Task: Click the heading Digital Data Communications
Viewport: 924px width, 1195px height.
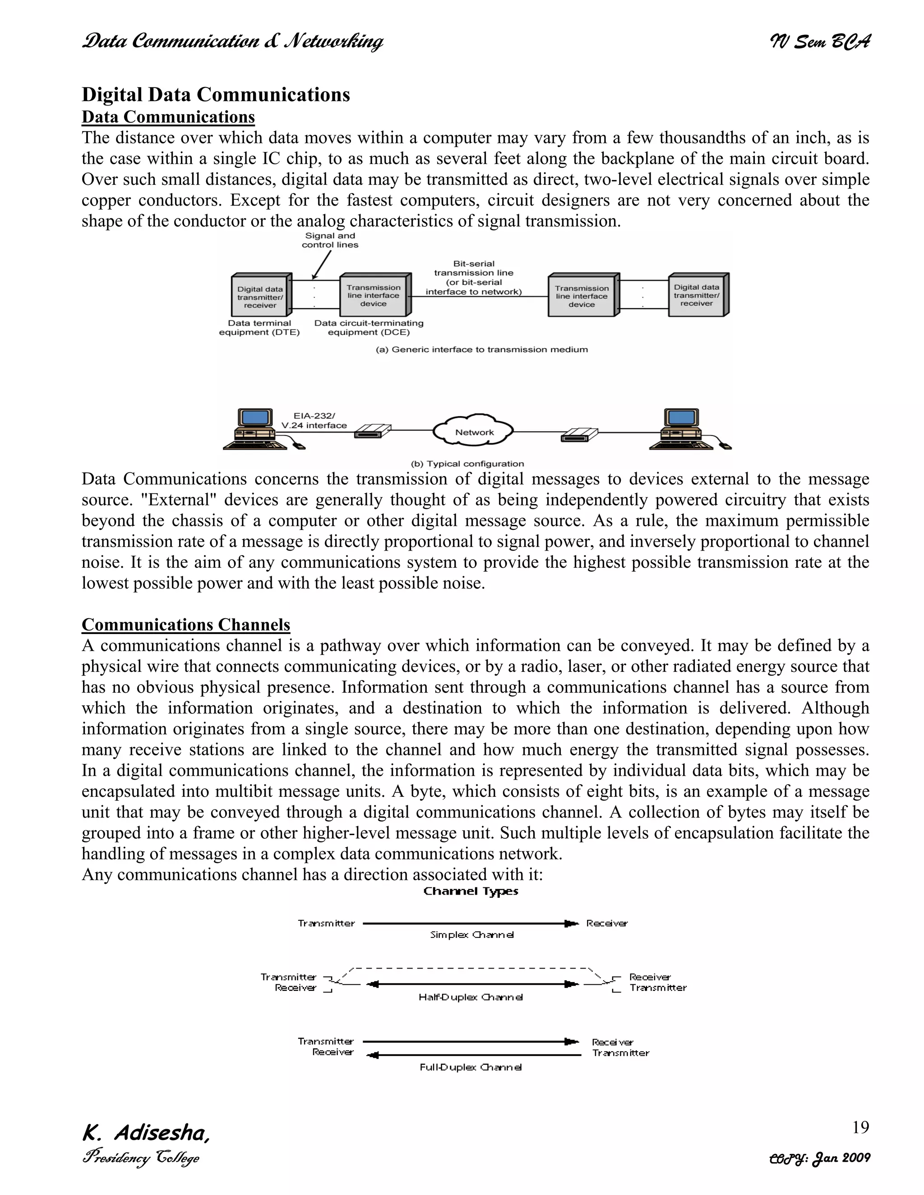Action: pos(216,95)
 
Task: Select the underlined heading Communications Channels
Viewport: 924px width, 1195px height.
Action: pos(185,625)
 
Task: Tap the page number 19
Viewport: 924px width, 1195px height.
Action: pos(860,1127)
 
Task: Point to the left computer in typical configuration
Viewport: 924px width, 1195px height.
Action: pos(257,429)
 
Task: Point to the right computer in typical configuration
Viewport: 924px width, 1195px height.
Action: pos(684,429)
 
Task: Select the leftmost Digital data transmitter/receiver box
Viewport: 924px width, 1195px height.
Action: pos(261,296)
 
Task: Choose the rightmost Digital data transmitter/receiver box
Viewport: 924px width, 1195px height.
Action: pos(697,295)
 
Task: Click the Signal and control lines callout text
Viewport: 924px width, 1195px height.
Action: pos(330,240)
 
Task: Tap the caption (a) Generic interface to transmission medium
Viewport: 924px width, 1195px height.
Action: pos(482,349)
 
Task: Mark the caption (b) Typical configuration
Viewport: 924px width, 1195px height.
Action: pos(467,464)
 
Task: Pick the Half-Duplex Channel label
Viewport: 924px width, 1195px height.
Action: pos(470,997)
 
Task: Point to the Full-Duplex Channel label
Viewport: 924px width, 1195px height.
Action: pos(470,1067)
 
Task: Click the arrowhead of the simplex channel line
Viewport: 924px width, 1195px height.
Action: pos(572,924)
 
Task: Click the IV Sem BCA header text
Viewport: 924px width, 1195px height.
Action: pos(819,41)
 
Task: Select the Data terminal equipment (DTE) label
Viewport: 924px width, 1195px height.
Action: pos(259,328)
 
